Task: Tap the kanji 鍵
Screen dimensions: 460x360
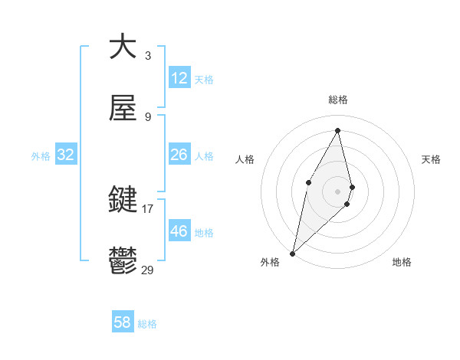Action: pyautogui.click(x=123, y=200)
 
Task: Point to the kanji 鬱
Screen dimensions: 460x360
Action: pyautogui.click(x=123, y=261)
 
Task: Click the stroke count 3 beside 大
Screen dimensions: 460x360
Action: pyautogui.click(x=147, y=55)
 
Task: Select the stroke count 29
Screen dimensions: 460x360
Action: pyautogui.click(x=147, y=270)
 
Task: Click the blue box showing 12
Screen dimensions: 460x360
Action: pyautogui.click(x=179, y=78)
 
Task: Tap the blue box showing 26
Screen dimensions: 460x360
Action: pyautogui.click(x=179, y=155)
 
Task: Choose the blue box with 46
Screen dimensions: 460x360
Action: pyautogui.click(x=179, y=231)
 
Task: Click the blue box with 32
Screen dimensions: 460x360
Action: pyautogui.click(x=66, y=155)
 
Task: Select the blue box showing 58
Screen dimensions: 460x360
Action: pyautogui.click(x=122, y=322)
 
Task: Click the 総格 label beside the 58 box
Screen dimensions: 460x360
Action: pyautogui.click(x=147, y=324)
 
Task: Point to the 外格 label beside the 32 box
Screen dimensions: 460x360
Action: pyautogui.click(x=41, y=156)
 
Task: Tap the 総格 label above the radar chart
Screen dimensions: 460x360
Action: pyautogui.click(x=338, y=100)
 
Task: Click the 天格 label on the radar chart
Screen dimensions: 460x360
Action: pyautogui.click(x=431, y=159)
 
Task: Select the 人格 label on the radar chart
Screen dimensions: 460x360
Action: pyautogui.click(x=245, y=159)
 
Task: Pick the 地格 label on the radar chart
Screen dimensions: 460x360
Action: pyautogui.click(x=402, y=262)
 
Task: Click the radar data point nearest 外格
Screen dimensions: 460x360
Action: pyautogui.click(x=292, y=253)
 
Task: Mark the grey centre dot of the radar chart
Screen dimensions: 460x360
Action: pyautogui.click(x=337, y=190)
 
